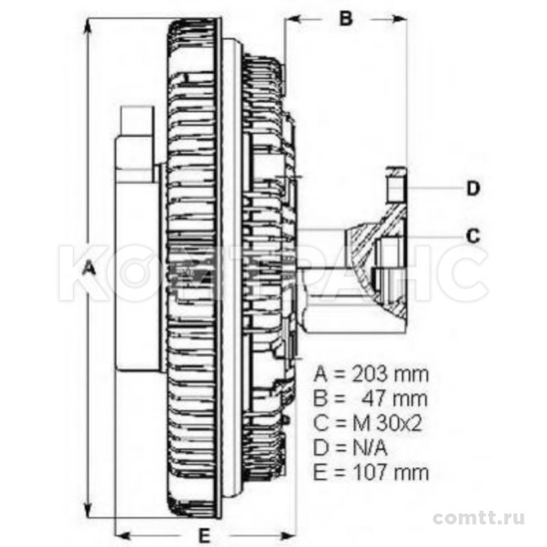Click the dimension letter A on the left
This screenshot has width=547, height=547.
[x=90, y=269]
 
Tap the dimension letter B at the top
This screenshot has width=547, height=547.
[x=345, y=18]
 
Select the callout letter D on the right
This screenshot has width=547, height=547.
[x=473, y=189]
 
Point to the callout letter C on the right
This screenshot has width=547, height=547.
[x=473, y=236]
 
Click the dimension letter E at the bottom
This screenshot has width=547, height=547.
[x=204, y=535]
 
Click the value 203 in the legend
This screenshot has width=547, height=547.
[x=370, y=374]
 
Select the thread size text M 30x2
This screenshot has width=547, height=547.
[x=387, y=423]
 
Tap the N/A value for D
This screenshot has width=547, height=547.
[x=370, y=449]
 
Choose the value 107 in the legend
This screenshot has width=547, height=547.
[x=370, y=472]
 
